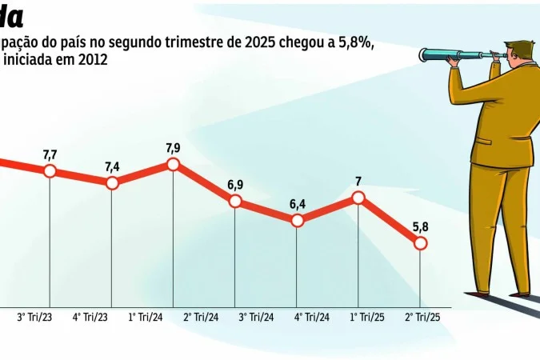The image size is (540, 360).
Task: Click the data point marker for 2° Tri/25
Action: (420, 243)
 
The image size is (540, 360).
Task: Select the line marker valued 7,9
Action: (174, 164)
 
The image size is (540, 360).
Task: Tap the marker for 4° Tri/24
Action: (297, 220)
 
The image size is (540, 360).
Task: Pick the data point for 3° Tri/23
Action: (50, 171)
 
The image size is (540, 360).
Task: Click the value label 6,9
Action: (235, 185)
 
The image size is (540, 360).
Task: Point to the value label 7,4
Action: (112, 166)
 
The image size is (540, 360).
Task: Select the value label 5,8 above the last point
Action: (420, 227)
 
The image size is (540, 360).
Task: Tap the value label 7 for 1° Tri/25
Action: (358, 182)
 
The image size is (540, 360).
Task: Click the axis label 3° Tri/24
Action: (257, 318)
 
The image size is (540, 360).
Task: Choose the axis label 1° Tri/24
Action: (145, 318)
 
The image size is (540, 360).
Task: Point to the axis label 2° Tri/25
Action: (422, 318)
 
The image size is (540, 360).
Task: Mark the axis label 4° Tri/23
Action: (90, 318)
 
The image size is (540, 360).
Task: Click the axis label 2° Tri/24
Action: (201, 318)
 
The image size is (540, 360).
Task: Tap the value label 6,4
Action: (297, 204)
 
